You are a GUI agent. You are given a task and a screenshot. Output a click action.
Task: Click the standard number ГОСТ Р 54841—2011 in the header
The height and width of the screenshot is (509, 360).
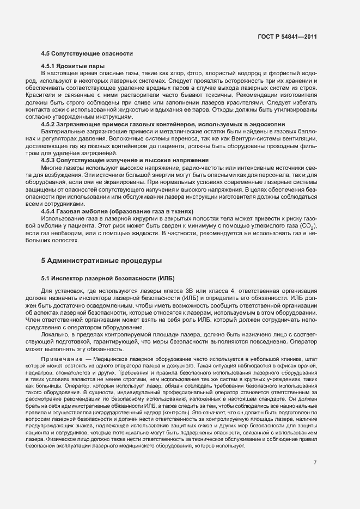(x=286, y=36)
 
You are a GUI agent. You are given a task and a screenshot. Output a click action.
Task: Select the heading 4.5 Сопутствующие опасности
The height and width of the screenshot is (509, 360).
(x=86, y=53)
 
